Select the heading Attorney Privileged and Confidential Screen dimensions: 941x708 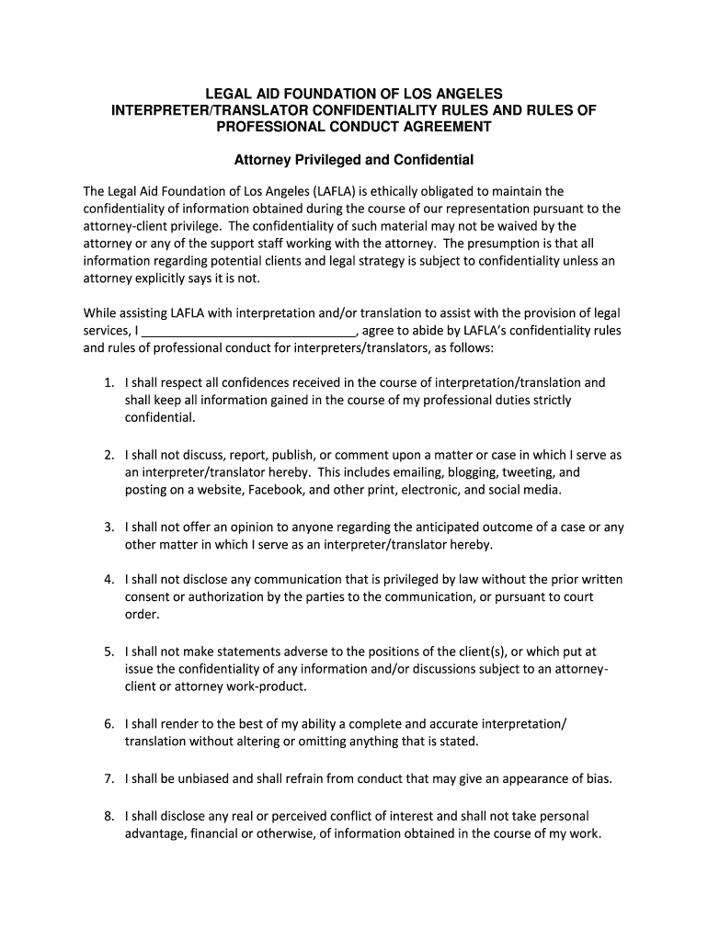click(354, 160)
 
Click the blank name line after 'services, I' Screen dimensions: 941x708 click(250, 332)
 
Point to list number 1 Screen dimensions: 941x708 click(108, 383)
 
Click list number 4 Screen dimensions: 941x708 click(108, 580)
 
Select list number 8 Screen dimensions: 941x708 click(108, 816)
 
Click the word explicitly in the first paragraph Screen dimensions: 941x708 click(166, 278)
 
